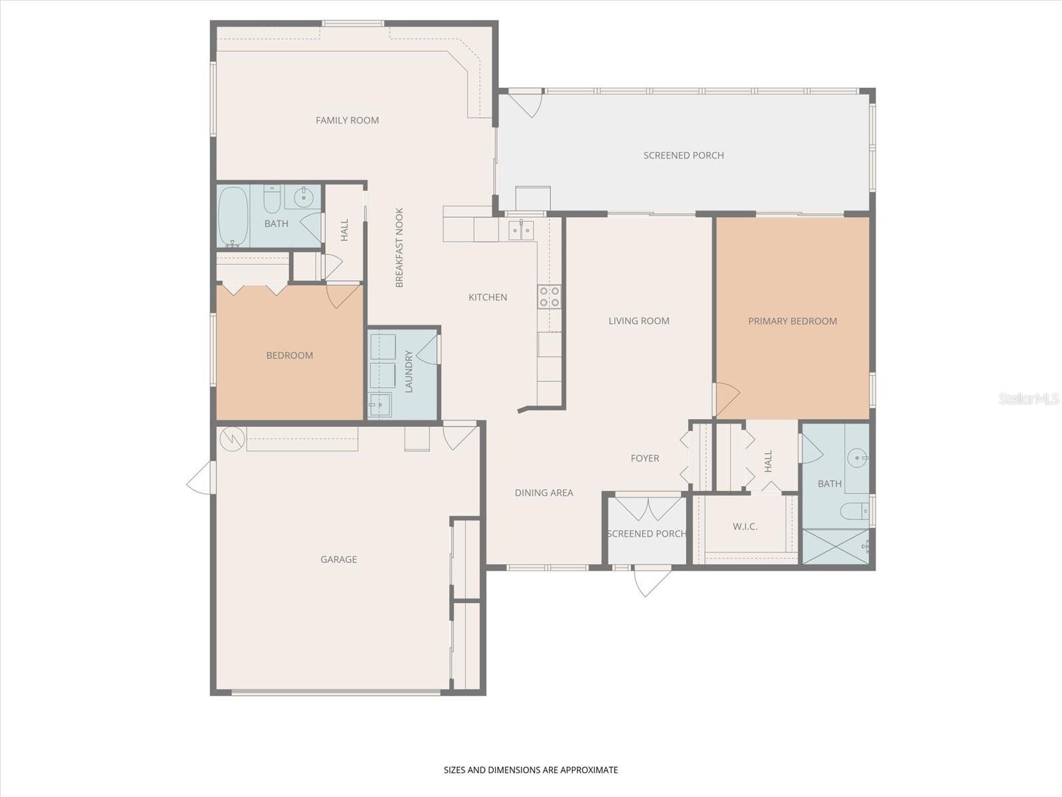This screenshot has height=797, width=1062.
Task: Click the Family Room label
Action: (x=347, y=120)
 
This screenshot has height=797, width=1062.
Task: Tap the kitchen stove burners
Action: (x=549, y=296)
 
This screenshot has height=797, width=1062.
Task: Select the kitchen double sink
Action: (x=521, y=230)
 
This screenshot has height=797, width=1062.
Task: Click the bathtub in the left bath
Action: (x=233, y=216)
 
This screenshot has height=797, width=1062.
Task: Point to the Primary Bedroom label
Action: (x=793, y=321)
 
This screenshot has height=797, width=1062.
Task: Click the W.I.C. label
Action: (x=745, y=527)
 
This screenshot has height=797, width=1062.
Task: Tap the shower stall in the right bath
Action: (x=835, y=547)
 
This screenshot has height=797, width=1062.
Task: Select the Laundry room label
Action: (x=408, y=372)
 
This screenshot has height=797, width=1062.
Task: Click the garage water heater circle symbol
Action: (x=232, y=438)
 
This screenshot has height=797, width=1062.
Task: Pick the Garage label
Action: (x=339, y=559)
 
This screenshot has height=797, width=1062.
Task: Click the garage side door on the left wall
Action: (x=201, y=478)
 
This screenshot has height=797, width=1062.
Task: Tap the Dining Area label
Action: (x=544, y=493)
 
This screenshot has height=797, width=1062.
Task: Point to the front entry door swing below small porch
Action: (x=652, y=580)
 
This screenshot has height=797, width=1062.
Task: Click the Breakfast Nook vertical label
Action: (x=400, y=248)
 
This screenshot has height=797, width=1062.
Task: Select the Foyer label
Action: (x=645, y=458)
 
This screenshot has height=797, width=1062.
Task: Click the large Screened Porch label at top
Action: (x=684, y=155)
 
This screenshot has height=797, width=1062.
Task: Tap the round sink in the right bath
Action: (x=858, y=458)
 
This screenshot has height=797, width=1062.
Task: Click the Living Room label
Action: (x=639, y=321)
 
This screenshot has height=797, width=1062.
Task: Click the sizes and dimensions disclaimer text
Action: (x=530, y=770)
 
